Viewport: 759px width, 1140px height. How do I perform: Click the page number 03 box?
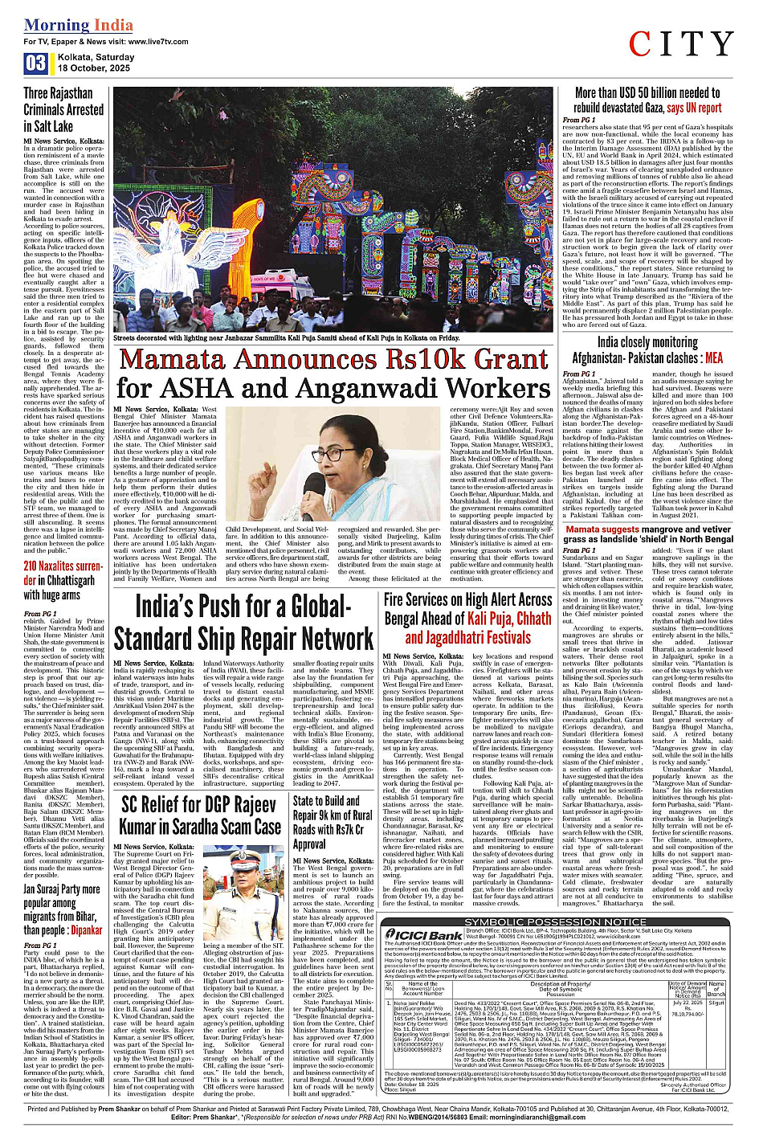point(35,63)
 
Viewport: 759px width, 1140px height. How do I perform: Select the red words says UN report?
point(694,108)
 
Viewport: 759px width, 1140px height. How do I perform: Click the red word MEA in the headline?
point(713,358)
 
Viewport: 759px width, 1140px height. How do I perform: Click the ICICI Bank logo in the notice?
point(424,935)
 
